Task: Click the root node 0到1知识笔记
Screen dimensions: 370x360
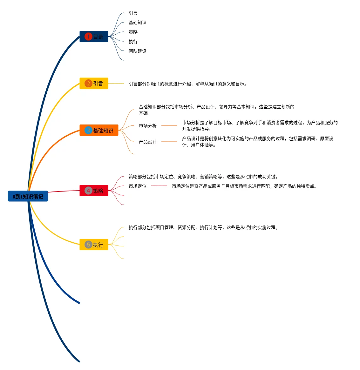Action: [28, 196]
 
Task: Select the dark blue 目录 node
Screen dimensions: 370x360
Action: [94, 37]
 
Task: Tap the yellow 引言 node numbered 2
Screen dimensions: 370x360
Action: [94, 84]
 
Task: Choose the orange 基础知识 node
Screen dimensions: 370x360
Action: [99, 130]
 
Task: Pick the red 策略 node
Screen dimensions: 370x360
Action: [94, 191]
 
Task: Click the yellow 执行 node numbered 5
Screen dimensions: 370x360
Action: [94, 245]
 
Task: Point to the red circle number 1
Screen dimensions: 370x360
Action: [88, 37]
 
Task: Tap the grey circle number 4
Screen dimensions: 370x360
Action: [88, 191]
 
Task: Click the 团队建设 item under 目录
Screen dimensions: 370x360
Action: [137, 51]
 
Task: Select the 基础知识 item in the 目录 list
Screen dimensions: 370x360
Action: [137, 23]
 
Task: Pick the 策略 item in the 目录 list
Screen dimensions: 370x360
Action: [133, 32]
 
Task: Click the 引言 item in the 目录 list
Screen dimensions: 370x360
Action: [133, 13]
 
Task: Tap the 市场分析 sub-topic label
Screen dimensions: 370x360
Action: [147, 126]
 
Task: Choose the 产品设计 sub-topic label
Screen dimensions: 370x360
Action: [147, 142]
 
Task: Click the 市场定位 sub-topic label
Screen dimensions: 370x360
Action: [137, 186]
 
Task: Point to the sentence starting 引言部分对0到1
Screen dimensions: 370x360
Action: [187, 84]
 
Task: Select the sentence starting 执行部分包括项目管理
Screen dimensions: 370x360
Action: [203, 227]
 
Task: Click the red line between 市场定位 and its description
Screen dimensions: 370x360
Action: [159, 186]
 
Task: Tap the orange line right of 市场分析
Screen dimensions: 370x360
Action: [169, 125]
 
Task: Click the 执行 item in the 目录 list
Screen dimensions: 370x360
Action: [133, 42]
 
